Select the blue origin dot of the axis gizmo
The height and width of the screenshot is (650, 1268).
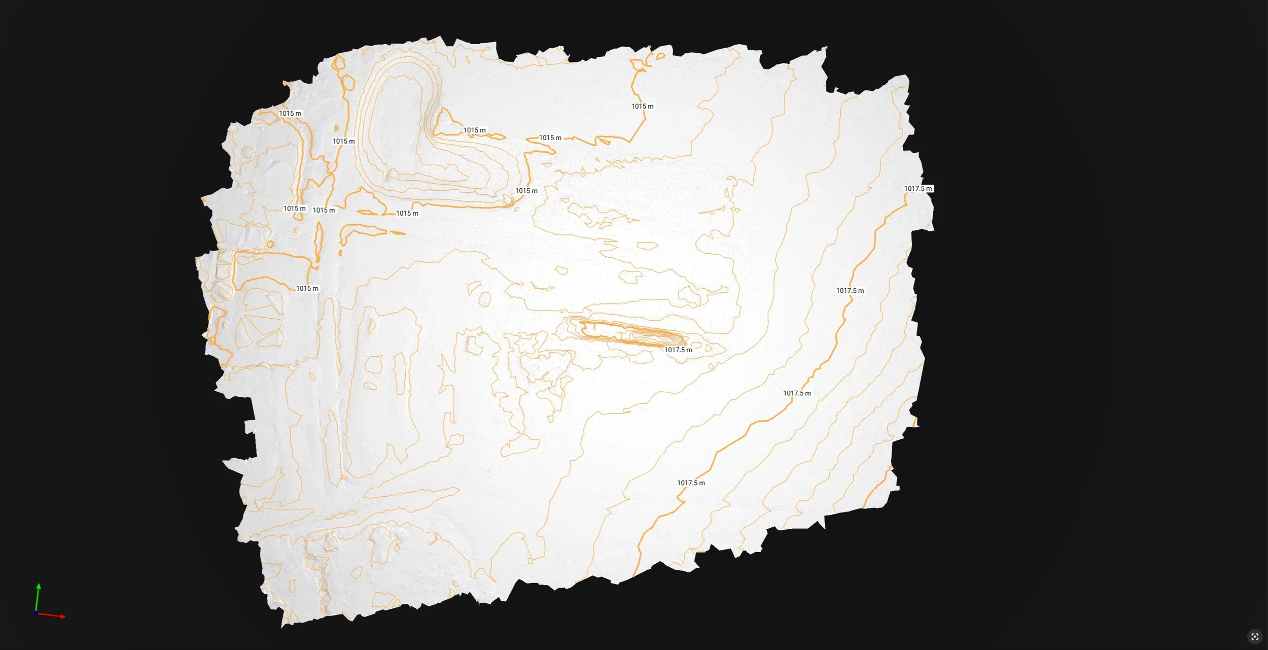[35, 613]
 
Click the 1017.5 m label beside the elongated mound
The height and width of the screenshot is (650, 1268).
[678, 350]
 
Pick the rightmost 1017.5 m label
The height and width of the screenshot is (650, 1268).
[918, 189]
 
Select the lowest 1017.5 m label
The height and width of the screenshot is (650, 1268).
[691, 483]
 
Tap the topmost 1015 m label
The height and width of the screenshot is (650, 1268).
[642, 107]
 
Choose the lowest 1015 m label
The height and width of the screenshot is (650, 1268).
[307, 289]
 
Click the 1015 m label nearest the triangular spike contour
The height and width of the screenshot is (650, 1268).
[474, 130]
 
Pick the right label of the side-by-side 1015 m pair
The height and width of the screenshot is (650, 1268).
[324, 210]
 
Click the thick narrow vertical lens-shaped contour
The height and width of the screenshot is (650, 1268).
[319, 243]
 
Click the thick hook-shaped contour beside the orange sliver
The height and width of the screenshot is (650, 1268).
[358, 231]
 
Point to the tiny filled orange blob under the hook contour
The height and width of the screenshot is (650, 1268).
[340, 252]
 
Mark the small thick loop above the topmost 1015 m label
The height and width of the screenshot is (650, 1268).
[660, 56]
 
